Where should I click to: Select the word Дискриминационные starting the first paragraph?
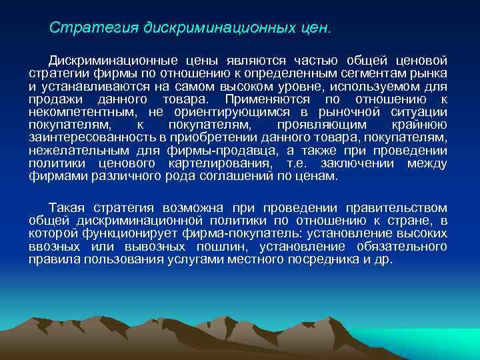point(107,61)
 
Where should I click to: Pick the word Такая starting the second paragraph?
point(67,209)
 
